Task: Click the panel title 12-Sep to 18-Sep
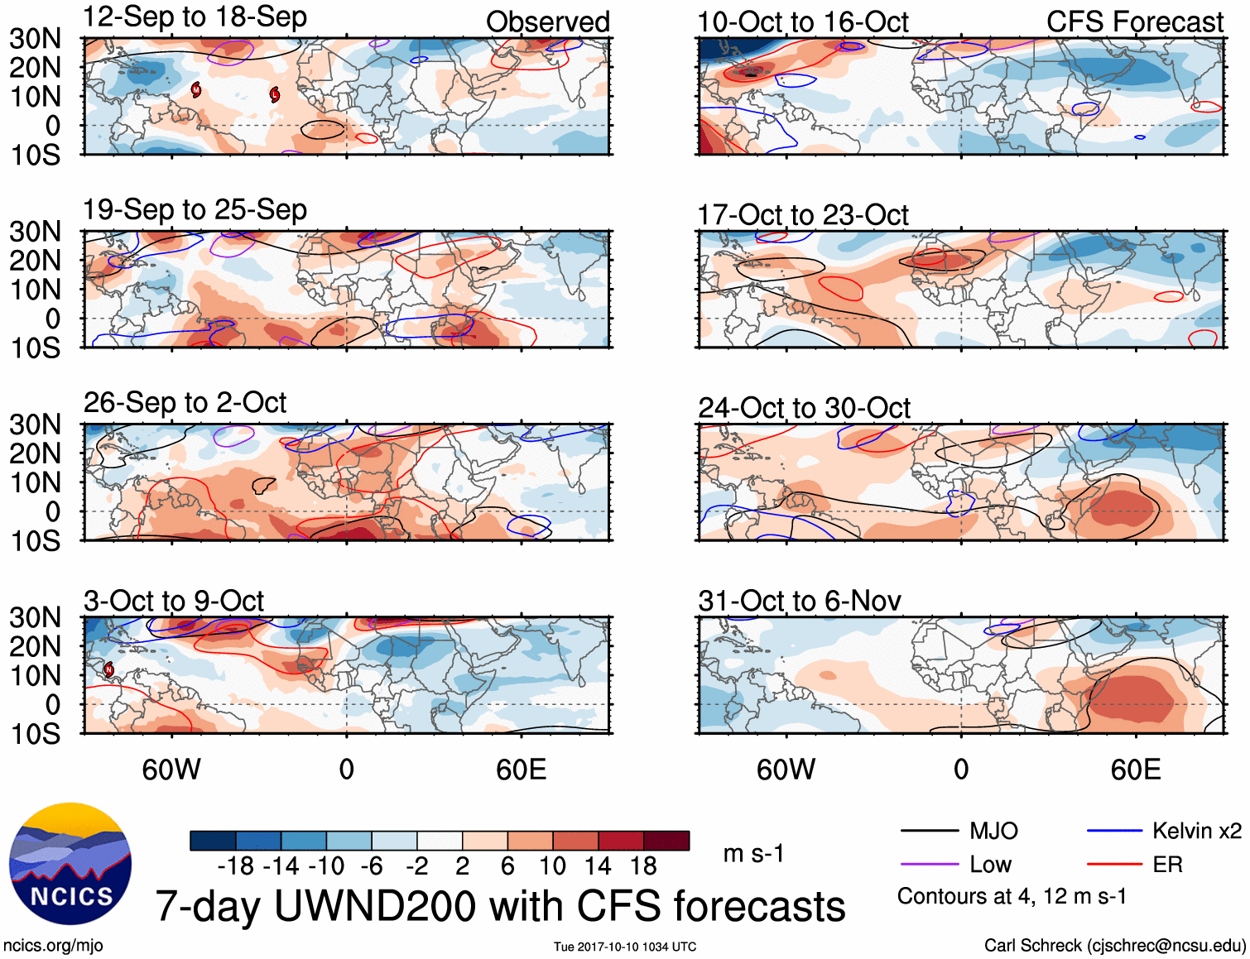click(x=195, y=17)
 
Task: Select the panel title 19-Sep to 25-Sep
click(x=195, y=210)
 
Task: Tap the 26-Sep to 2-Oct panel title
click(x=185, y=403)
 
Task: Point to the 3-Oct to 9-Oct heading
click(x=174, y=602)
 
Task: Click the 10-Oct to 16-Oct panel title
click(x=803, y=22)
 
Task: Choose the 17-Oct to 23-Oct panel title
click(x=803, y=215)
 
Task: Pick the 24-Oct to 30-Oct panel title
click(x=804, y=408)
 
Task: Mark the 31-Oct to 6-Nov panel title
click(x=800, y=602)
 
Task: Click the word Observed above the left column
click(x=547, y=22)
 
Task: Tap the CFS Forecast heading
click(x=1134, y=22)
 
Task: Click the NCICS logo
click(x=70, y=863)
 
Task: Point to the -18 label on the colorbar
click(x=236, y=866)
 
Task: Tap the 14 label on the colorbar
click(x=598, y=866)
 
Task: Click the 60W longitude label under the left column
click(x=171, y=770)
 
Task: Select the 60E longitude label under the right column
click(x=1135, y=770)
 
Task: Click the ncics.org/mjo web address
click(x=53, y=946)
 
